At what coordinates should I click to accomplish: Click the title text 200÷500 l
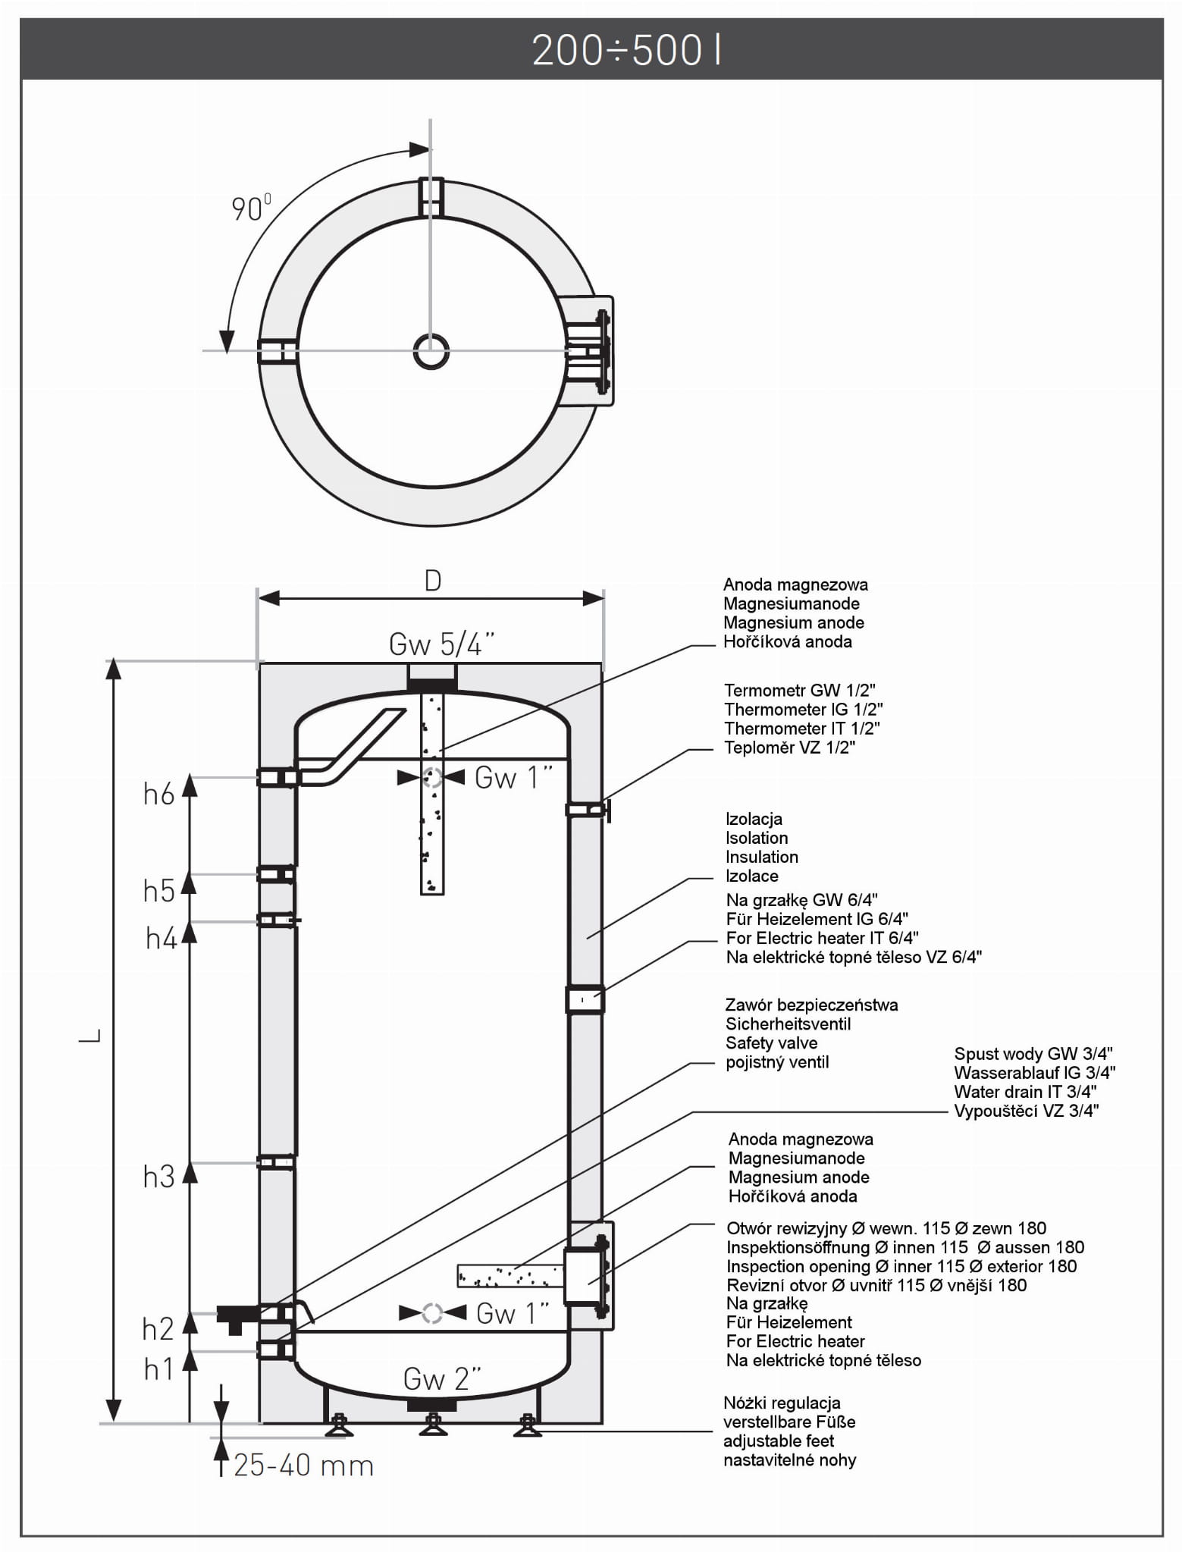click(x=626, y=51)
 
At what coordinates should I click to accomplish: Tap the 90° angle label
click(x=250, y=208)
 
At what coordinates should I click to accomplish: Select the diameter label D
click(x=432, y=581)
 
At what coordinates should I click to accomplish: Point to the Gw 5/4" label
click(x=441, y=644)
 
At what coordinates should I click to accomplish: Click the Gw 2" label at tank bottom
click(x=442, y=1379)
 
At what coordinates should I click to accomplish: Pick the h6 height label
click(x=159, y=795)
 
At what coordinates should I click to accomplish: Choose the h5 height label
click(x=159, y=892)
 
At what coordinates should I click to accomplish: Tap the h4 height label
click(x=161, y=939)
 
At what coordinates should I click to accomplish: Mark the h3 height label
click(x=159, y=1177)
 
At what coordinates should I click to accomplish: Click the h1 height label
click(x=159, y=1369)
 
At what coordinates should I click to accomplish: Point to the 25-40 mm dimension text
click(x=304, y=1466)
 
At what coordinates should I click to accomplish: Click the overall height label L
click(x=90, y=1035)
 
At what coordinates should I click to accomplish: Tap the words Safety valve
click(x=771, y=1043)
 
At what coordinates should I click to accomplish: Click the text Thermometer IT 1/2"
click(x=801, y=729)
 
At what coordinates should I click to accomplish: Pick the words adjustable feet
click(x=778, y=1441)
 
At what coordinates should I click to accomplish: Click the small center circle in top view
click(x=431, y=352)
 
